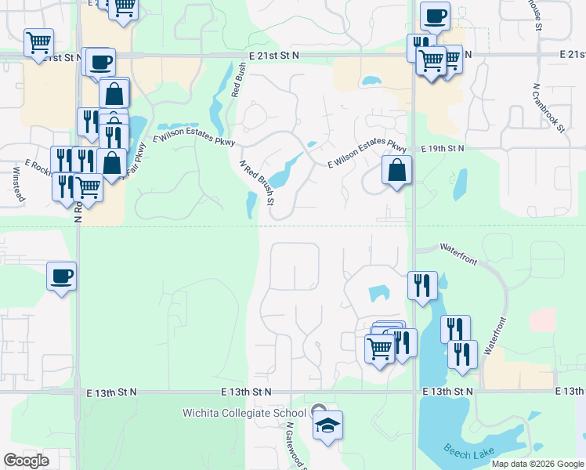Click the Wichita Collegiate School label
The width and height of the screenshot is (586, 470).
(244, 413)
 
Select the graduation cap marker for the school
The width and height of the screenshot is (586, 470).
(328, 425)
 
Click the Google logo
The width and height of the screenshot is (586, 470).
(26, 460)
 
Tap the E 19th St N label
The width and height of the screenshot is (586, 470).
(443, 148)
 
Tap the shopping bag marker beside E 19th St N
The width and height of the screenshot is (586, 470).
(397, 169)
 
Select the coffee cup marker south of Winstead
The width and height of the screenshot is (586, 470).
(62, 276)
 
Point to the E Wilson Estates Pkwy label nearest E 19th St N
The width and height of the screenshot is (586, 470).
(367, 152)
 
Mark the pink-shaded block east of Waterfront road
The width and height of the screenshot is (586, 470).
(542, 320)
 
